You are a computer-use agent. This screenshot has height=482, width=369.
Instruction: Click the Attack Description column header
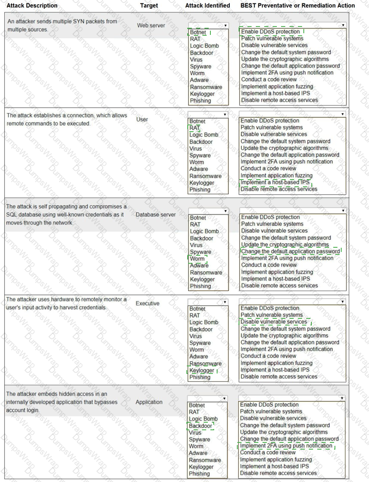click(x=32, y=5)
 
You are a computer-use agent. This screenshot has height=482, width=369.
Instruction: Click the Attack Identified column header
click(x=207, y=5)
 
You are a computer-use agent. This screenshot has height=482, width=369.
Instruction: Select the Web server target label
click(x=151, y=25)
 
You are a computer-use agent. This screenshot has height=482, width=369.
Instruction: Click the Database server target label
click(x=155, y=215)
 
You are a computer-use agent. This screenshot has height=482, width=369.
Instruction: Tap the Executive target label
click(x=147, y=303)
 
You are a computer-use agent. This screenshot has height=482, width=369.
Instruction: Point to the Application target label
click(x=149, y=402)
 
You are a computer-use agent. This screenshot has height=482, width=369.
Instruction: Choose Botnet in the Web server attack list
click(x=198, y=32)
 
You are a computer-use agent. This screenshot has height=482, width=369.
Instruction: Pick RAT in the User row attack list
click(x=194, y=128)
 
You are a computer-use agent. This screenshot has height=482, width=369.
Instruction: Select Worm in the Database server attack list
click(x=197, y=259)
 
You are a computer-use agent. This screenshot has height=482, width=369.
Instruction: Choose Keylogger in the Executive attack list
click(x=202, y=371)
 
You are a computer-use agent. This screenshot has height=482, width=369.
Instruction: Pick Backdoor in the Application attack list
click(x=200, y=426)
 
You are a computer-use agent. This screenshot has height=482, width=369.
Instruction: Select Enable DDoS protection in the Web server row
click(x=271, y=32)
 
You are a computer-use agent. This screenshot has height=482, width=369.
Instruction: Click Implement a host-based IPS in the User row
click(x=275, y=182)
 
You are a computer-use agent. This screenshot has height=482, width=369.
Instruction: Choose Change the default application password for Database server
click(x=290, y=252)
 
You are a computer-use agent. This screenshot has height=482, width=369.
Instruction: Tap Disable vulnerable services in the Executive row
click(x=274, y=322)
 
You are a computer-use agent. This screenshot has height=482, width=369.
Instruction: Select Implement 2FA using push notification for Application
click(x=286, y=446)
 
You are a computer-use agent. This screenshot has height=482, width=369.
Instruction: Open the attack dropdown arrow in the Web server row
click(x=226, y=26)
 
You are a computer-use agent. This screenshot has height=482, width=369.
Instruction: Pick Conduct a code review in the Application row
click(x=268, y=453)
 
